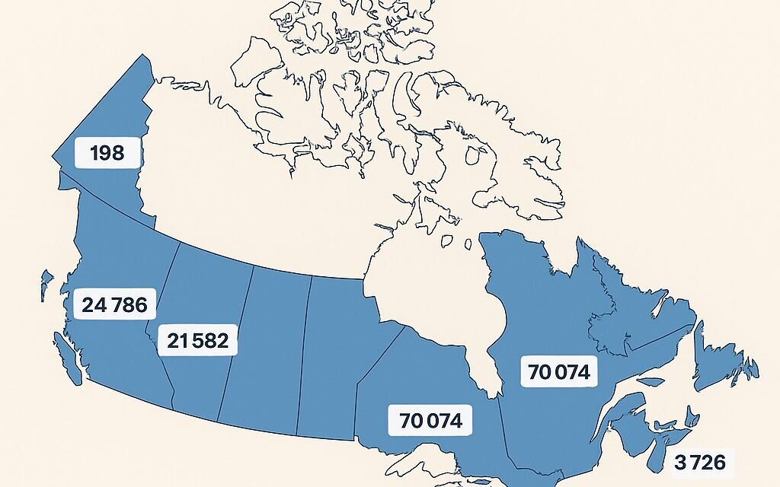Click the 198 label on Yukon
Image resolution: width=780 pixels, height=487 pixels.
tap(107, 153)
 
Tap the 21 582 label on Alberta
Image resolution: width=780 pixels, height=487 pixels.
tap(197, 340)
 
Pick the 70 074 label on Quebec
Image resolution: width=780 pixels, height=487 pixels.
tap(558, 373)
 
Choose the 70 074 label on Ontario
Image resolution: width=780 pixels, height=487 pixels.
tap(430, 420)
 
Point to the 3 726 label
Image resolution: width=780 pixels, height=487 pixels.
tap(699, 461)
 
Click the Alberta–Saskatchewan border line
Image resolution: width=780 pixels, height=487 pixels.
tap(236, 342)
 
